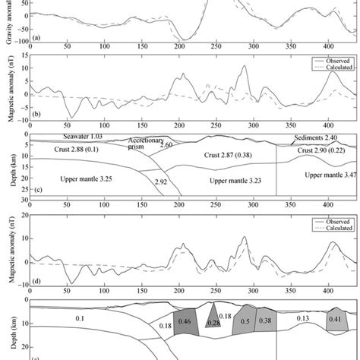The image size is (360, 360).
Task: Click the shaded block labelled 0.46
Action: (x=185, y=322)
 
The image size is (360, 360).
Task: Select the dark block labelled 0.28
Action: (x=213, y=324)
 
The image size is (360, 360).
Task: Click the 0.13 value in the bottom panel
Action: (x=302, y=319)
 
